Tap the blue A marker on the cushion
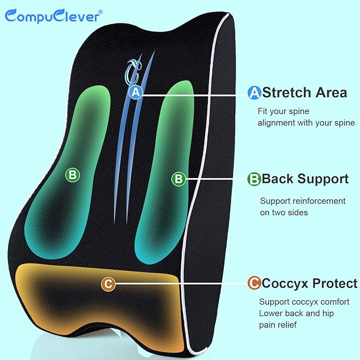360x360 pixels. (136, 92)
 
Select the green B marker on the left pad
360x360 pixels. (72, 174)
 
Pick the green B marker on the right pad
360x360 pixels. (179, 179)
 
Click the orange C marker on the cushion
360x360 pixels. (108, 284)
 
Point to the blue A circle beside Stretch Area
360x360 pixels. (255, 93)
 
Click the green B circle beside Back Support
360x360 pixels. (254, 179)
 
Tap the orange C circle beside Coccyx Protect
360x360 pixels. (254, 284)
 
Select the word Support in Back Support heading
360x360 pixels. (323, 179)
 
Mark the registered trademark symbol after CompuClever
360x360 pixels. (101, 8)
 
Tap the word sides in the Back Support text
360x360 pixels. (297, 213)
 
